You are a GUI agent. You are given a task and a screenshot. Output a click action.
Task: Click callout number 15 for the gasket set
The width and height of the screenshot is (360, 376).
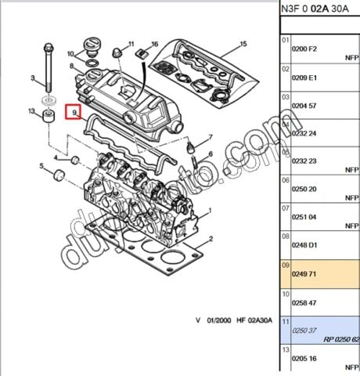(243, 44)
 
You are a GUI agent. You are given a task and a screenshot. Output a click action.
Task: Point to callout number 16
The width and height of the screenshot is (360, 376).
(155, 44)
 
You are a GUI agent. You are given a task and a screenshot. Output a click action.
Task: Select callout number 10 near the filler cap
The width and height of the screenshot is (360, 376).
(71, 54)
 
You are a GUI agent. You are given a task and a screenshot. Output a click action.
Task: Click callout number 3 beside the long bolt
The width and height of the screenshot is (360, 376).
(34, 78)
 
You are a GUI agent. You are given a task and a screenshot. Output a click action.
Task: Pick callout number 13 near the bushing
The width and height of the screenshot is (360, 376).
(32, 111)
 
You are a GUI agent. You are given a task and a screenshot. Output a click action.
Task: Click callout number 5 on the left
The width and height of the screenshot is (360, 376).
(41, 165)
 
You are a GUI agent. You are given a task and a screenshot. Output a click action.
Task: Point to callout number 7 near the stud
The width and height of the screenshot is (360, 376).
(210, 138)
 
